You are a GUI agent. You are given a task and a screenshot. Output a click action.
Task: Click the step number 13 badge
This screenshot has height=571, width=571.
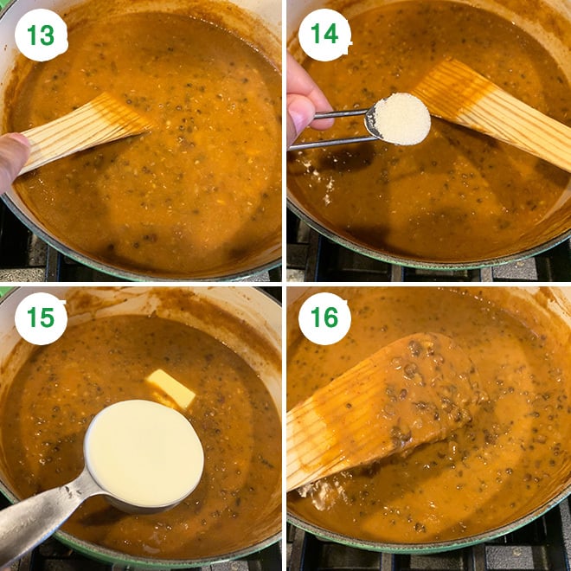coord(41,35)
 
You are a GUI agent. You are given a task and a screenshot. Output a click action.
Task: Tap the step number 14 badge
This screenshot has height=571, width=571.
coord(324,35)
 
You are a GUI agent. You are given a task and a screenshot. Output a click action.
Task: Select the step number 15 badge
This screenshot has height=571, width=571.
coord(41,318)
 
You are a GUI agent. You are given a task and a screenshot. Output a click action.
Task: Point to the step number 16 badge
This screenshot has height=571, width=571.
coord(324,318)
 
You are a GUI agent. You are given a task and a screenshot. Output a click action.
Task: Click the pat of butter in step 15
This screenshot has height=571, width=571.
coord(170,387)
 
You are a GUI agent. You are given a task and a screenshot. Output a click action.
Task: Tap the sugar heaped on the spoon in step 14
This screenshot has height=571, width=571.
coord(401,119)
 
